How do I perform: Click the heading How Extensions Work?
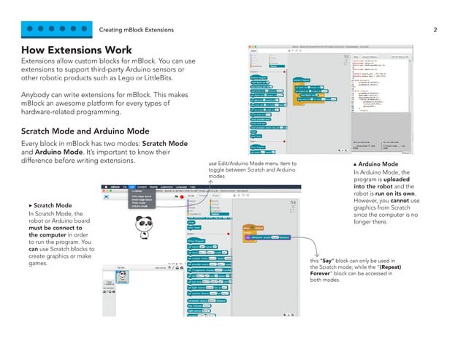tap(76, 50)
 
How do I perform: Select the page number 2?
tap(435, 30)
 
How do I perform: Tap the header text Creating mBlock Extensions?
tap(137, 30)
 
